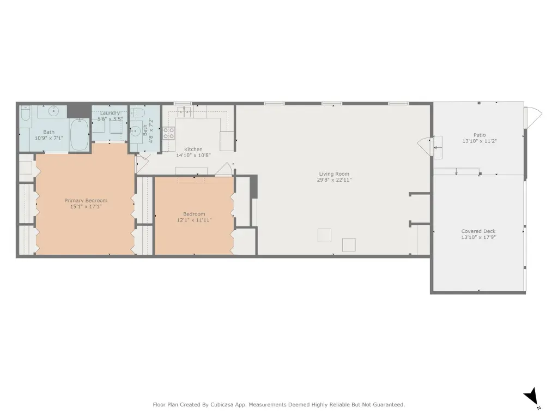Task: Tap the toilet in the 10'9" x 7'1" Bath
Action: [x=25, y=113]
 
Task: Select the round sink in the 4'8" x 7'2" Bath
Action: [x=135, y=131]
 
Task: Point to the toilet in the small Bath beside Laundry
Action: [x=137, y=113]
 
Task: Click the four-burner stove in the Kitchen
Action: [x=169, y=133]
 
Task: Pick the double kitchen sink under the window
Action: [x=184, y=111]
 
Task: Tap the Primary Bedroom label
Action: [x=86, y=201]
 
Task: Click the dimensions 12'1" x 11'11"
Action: [x=194, y=220]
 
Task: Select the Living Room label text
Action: [x=334, y=174]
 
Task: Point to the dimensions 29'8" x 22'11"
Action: [x=334, y=180]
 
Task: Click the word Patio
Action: [x=480, y=135]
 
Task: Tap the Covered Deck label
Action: [x=478, y=231]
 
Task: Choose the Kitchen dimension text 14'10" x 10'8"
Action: [x=193, y=155]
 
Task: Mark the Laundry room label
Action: [x=110, y=113]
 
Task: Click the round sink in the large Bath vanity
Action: [x=53, y=111]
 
